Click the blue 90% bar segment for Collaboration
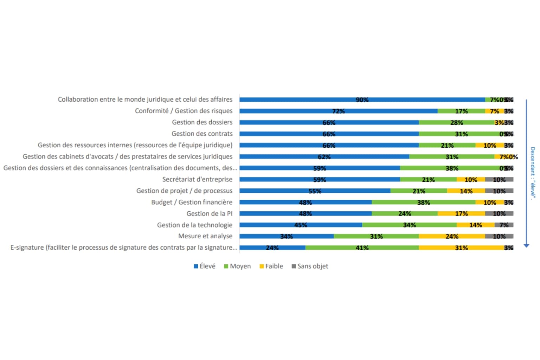(362, 100)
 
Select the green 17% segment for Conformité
(461, 111)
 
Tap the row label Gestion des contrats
(202, 134)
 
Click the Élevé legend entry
(205, 266)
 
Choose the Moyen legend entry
(238, 266)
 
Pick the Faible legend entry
(271, 266)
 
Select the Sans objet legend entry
(310, 266)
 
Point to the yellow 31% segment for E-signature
(461, 248)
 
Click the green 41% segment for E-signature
(362, 248)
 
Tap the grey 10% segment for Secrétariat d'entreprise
(499, 180)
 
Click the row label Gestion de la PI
(209, 213)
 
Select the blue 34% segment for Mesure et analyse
(287, 236)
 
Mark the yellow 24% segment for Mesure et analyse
(452, 236)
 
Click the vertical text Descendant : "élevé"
(533, 173)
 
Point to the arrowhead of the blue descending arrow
(526, 245)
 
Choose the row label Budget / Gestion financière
(192, 202)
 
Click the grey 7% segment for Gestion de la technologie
(504, 225)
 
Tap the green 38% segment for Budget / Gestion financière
(424, 202)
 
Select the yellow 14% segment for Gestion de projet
(466, 191)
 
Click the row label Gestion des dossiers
(202, 122)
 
